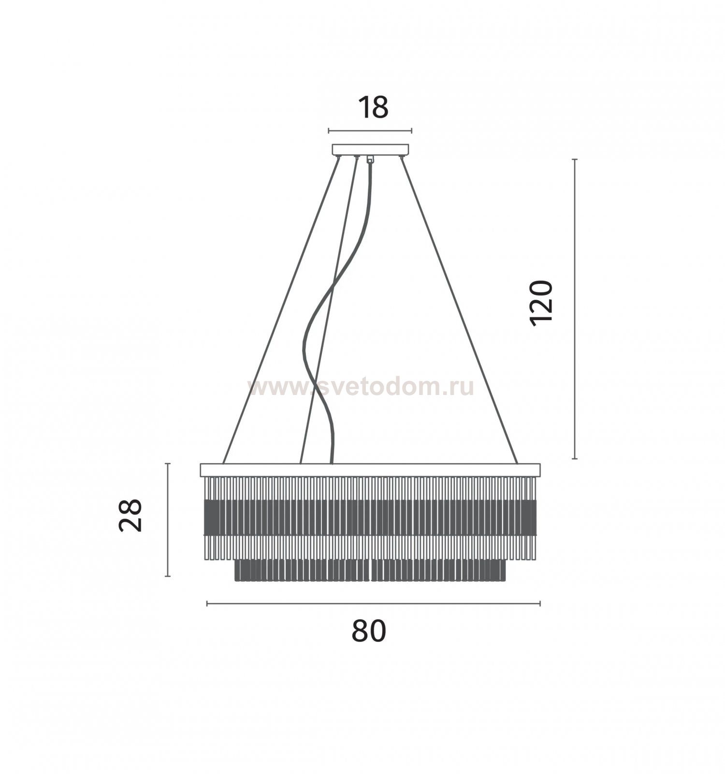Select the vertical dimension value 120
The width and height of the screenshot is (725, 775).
[x=540, y=303]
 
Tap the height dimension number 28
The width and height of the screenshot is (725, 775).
[x=130, y=515]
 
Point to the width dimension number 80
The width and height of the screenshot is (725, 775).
[x=369, y=630]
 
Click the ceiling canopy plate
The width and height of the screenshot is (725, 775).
[x=370, y=149]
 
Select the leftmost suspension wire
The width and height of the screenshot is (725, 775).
[x=280, y=310]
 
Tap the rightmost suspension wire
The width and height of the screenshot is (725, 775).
[x=459, y=310]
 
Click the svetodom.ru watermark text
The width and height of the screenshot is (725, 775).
[x=361, y=387]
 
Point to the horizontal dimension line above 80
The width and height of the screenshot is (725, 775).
[x=373, y=603]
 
